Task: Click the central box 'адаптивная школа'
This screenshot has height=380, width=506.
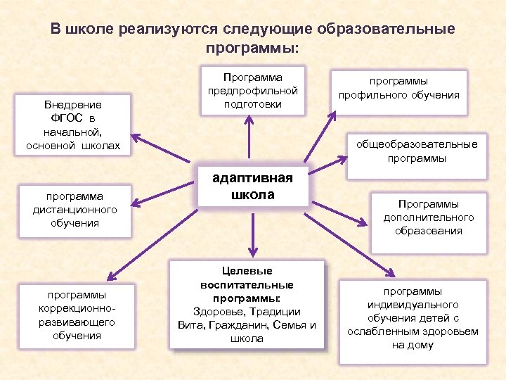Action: tap(254, 186)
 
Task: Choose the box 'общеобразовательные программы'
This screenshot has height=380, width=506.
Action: tap(416, 151)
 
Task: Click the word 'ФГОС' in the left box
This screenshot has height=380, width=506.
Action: tap(58, 115)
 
